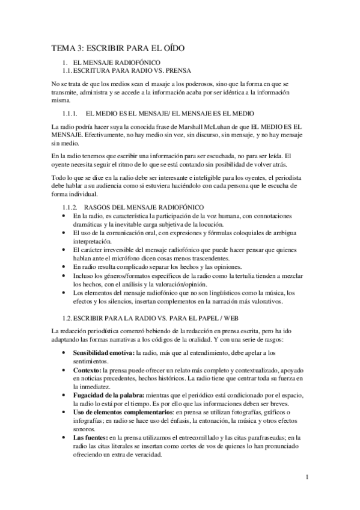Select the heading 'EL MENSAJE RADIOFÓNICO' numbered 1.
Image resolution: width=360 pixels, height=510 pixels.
click(x=116, y=63)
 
